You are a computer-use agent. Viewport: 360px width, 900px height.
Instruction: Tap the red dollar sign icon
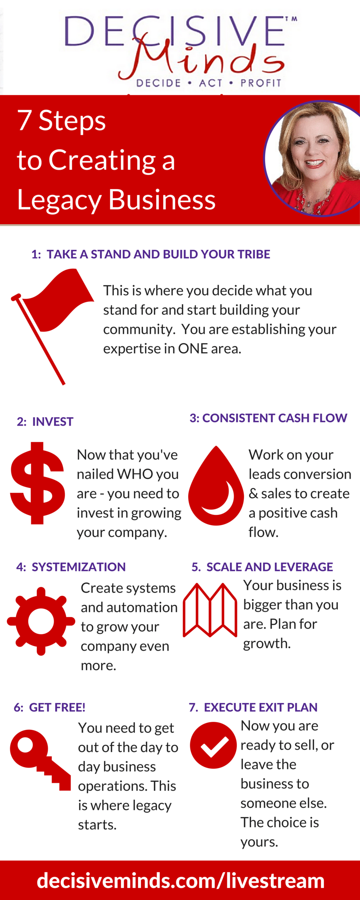pos(37,483)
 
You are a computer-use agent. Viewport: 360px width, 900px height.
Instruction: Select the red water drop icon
pos(216,486)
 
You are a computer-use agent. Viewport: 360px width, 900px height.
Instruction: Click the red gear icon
pos(41,621)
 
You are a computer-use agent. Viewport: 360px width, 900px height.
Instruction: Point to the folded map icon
pos(210,610)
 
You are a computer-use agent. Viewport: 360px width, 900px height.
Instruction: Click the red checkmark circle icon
pos(213,745)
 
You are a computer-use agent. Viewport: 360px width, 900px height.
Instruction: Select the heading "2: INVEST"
pos(45,422)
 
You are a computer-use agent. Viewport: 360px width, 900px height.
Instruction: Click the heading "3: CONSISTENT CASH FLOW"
pos(269,418)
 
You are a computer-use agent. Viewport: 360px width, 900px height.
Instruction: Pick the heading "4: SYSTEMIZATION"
pos(71,567)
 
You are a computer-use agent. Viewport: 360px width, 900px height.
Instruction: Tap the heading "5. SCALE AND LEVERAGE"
pos(262,567)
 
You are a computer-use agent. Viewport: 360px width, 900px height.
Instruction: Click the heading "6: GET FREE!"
pos(49,707)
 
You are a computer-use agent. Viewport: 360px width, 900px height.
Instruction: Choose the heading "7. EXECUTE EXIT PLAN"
pos(253,707)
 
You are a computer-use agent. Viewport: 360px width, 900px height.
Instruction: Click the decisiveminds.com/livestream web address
pos(180,881)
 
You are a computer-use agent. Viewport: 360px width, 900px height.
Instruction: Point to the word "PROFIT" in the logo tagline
pos(261,83)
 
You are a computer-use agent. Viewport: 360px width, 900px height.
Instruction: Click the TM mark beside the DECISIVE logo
pos(291,19)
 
